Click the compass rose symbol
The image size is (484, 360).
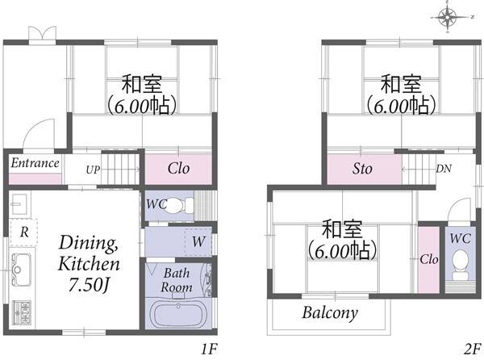pyautogui.click(x=448, y=16)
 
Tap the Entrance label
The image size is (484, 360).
pyautogui.click(x=35, y=163)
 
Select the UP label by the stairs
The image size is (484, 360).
pyautogui.click(x=93, y=170)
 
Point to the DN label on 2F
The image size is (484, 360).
pyautogui.click(x=444, y=169)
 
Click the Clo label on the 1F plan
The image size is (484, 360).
pyautogui.click(x=178, y=168)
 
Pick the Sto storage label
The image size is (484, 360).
pyautogui.click(x=362, y=169)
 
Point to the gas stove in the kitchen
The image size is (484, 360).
pyautogui.click(x=22, y=312)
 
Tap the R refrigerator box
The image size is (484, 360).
pyautogui.click(x=23, y=232)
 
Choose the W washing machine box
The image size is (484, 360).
pyautogui.click(x=198, y=242)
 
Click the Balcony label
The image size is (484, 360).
pyautogui.click(x=330, y=312)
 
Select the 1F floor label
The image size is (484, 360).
pyautogui.click(x=209, y=350)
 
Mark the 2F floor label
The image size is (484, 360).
pyautogui.click(x=472, y=350)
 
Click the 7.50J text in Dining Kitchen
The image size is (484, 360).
pyautogui.click(x=90, y=285)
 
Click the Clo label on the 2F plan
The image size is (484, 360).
pyautogui.click(x=429, y=259)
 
